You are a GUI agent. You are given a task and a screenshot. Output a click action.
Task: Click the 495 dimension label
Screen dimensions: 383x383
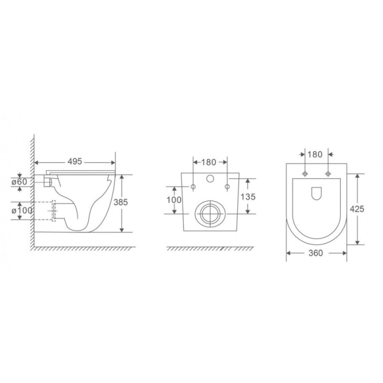point(75,161)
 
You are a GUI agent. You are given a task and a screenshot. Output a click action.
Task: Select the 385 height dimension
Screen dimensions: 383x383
point(121,202)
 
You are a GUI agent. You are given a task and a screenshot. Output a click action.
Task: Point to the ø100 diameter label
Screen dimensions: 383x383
point(22,210)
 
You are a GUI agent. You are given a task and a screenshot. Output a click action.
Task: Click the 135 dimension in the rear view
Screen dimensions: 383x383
point(248,196)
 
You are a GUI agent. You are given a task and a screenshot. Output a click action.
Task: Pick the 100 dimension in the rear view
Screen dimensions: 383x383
point(174,200)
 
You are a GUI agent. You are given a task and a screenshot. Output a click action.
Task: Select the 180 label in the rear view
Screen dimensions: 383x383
point(209,162)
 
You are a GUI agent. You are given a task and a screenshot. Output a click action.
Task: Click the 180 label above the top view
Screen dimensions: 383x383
point(315,154)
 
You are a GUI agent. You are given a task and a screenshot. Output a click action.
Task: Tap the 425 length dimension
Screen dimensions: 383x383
point(357,209)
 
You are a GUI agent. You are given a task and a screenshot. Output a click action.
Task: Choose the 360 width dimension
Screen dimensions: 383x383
point(315,253)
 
